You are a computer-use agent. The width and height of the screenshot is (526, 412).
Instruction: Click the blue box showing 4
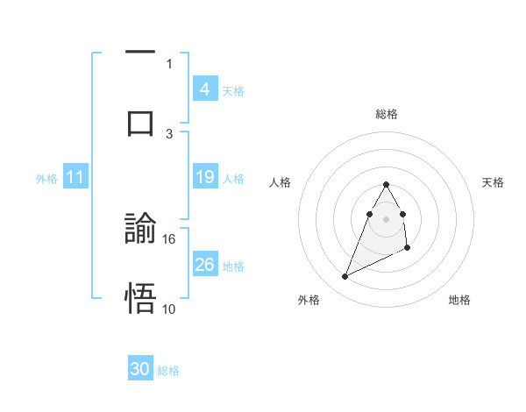204,89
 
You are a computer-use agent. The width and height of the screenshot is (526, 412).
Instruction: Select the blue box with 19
204,177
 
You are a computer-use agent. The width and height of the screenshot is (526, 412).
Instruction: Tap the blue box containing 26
204,264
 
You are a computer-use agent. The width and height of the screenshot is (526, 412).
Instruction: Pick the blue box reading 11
75,177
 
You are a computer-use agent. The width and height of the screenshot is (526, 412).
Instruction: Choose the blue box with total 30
140,369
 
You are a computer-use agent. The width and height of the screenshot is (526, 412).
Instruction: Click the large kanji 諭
140,231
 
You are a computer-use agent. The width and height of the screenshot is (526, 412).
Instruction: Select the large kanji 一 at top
140,53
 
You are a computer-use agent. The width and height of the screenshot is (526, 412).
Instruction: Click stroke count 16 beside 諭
169,238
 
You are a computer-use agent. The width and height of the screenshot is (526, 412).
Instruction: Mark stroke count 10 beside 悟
169,308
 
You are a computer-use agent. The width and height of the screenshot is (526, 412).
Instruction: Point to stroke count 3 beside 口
169,133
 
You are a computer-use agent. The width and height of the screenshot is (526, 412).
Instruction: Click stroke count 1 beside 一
169,63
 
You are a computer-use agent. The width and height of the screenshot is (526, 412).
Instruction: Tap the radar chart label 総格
387,114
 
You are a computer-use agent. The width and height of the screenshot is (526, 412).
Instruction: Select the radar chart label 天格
493,182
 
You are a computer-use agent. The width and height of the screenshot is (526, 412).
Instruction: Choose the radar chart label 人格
280,182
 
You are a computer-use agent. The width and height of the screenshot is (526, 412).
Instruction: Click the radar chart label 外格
309,300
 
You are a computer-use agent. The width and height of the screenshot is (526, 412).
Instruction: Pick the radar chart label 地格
459,300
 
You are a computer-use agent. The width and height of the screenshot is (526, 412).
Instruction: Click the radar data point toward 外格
345,277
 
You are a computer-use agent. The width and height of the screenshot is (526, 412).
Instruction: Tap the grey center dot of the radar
387,218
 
